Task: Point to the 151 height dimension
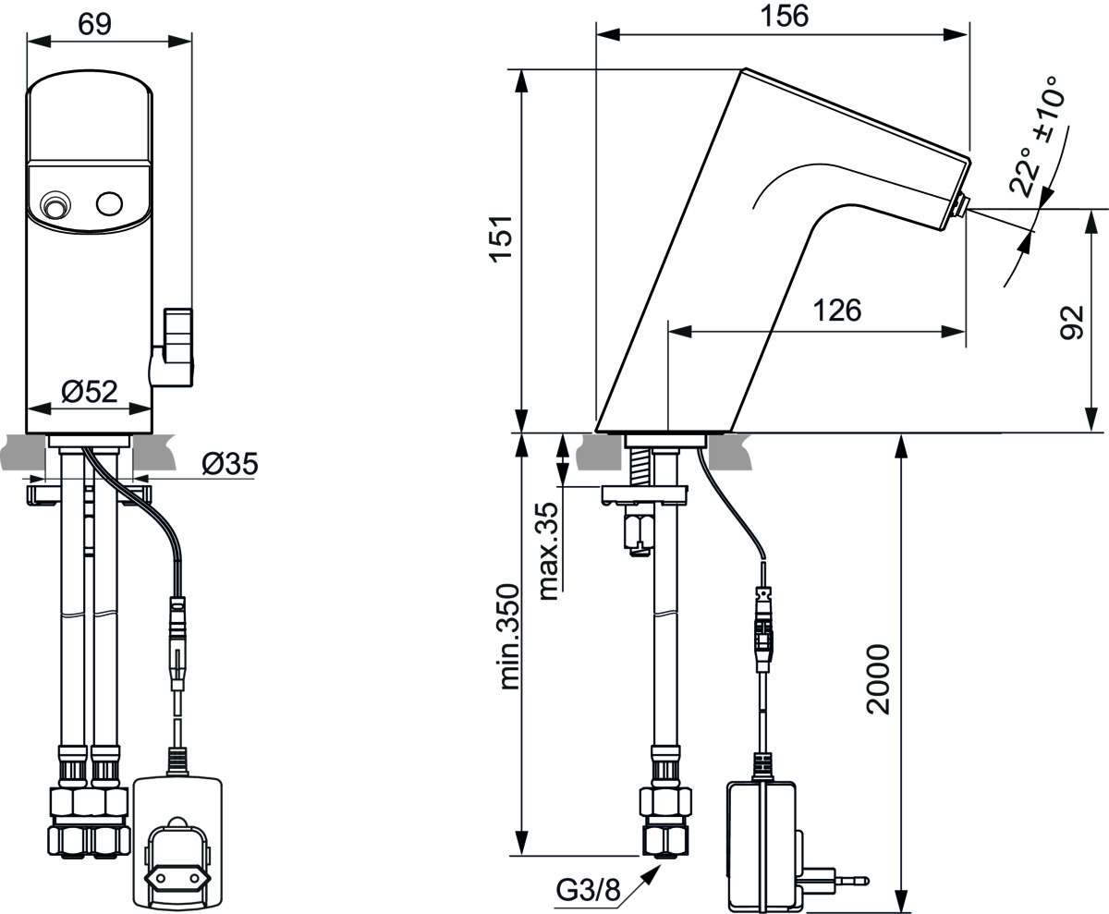(500, 239)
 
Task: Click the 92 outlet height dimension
(1072, 321)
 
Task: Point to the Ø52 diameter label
(90, 392)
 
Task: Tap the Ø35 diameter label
(228, 464)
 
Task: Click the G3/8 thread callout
(588, 891)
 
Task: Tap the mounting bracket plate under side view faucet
(644, 494)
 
